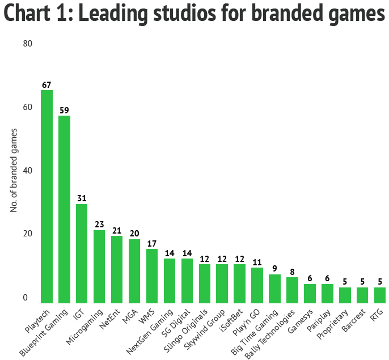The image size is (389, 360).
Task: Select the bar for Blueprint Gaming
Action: [64, 209]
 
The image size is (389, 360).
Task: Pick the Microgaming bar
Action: [99, 266]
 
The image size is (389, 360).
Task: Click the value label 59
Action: [64, 110]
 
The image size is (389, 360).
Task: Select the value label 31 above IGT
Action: [82, 198]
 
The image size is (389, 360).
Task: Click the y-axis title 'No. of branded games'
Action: [14, 171]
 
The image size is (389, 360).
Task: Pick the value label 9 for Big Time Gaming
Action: [274, 269]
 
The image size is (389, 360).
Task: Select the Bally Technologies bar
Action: [292, 290]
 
